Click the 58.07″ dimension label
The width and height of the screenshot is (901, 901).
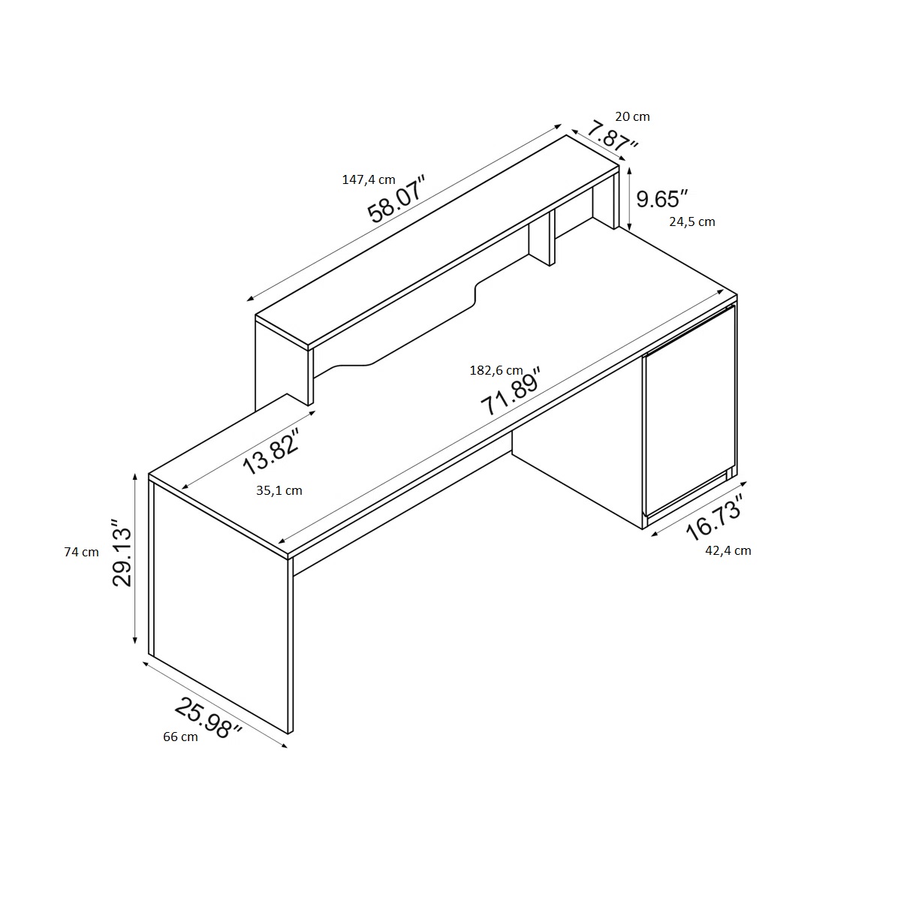[x=397, y=199]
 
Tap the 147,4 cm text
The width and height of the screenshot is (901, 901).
[x=369, y=179]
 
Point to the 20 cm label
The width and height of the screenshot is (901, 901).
[x=632, y=116]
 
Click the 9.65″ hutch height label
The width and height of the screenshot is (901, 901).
[x=662, y=199]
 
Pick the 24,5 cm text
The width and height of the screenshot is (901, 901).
[x=692, y=221]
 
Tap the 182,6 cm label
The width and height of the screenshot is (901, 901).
[x=496, y=370]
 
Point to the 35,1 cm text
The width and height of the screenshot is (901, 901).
[x=279, y=490]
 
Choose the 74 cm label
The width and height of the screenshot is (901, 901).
[x=81, y=552]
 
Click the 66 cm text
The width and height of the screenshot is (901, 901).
[x=180, y=737]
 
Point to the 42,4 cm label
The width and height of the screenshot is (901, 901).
[x=728, y=551]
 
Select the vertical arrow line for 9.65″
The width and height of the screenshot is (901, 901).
[x=630, y=199]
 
